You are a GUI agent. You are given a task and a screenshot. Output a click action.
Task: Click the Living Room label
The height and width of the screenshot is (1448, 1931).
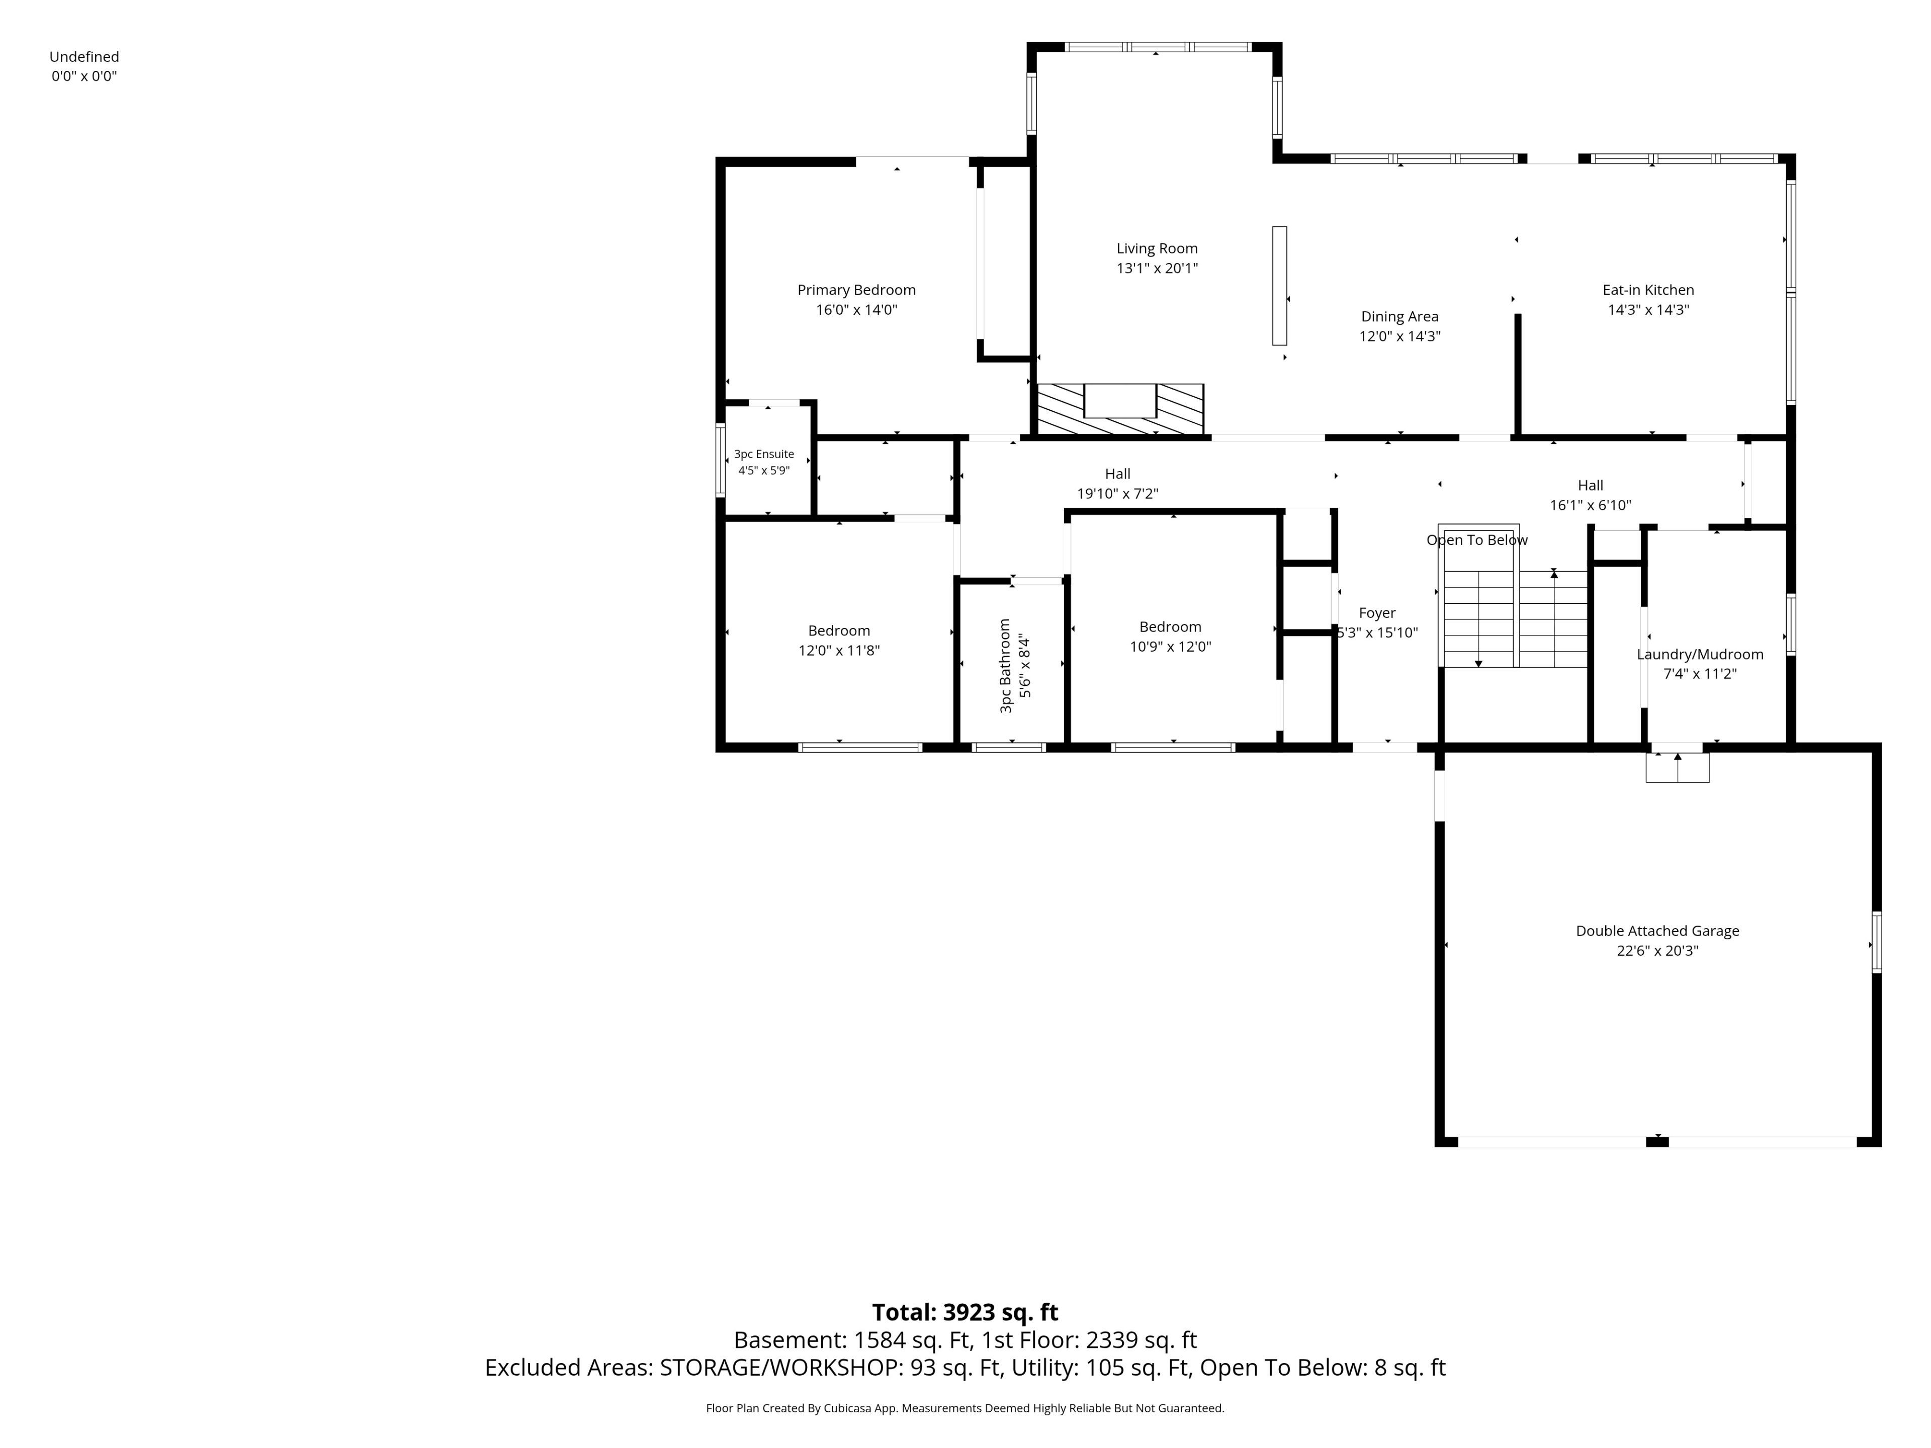click(x=1157, y=249)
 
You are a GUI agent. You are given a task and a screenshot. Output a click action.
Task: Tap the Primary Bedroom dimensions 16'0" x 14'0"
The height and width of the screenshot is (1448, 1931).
click(x=856, y=310)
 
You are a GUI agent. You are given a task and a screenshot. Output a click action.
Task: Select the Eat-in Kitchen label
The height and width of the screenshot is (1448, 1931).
click(x=1648, y=290)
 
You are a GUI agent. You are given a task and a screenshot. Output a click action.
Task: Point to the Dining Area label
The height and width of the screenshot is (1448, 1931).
click(x=1399, y=317)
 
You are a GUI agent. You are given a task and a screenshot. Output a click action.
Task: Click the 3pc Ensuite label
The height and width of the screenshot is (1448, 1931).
click(x=764, y=454)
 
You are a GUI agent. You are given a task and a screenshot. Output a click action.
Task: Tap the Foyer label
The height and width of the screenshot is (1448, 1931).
click(x=1377, y=613)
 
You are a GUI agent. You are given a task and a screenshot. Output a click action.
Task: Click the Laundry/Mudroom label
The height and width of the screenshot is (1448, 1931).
click(x=1700, y=655)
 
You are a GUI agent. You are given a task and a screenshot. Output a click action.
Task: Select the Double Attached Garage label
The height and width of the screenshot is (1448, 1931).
click(x=1657, y=931)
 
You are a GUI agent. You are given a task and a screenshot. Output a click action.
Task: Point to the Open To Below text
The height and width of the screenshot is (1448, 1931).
click(x=1477, y=540)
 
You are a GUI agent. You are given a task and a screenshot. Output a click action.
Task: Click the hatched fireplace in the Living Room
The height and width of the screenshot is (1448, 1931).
click(x=1120, y=408)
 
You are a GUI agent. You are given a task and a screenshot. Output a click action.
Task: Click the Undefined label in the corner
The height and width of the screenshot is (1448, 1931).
click(x=84, y=57)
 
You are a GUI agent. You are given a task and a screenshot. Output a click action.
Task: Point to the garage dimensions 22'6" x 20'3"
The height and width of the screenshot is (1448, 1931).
click(x=1657, y=950)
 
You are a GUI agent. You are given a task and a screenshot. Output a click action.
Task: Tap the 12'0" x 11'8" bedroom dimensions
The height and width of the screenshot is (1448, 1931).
click(x=839, y=650)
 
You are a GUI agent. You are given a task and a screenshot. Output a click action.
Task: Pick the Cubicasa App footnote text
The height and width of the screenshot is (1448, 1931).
click(x=964, y=1408)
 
